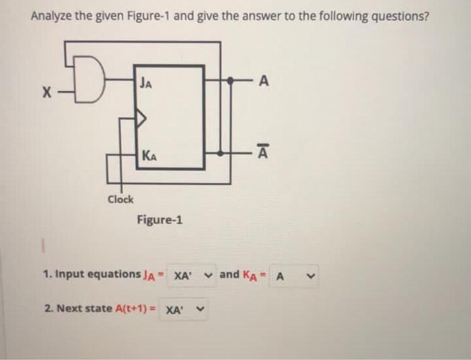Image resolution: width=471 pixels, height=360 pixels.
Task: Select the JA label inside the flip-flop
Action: (147, 83)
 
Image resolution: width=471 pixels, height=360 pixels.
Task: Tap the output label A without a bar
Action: (263, 81)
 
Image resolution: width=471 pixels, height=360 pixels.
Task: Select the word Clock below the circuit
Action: (121, 199)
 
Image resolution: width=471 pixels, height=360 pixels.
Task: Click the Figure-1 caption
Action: (159, 219)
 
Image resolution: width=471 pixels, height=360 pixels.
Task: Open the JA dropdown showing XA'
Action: (192, 275)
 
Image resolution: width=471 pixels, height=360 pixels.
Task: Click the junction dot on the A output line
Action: (230, 81)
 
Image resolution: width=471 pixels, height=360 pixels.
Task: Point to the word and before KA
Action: (229, 274)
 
